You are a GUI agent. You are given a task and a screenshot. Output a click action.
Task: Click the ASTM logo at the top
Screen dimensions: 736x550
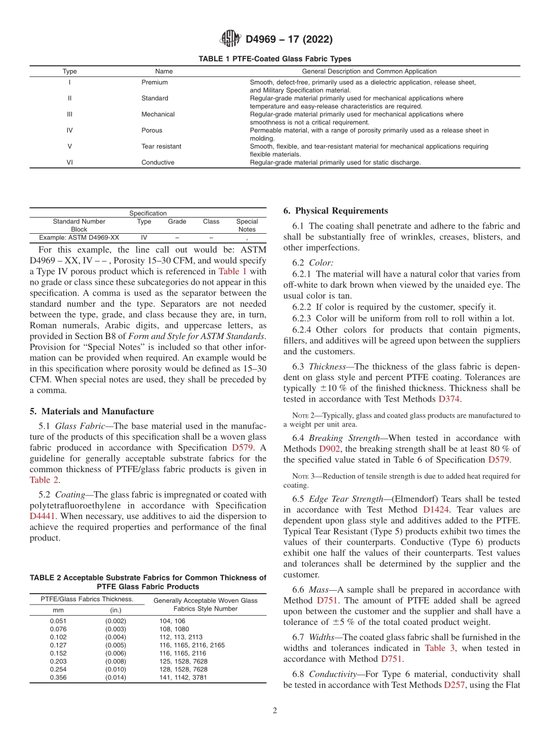coord(230,39)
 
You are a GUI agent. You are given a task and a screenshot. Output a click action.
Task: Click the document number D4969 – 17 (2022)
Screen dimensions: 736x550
coord(289,40)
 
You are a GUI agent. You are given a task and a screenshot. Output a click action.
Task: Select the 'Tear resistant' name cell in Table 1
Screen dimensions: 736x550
coord(161,146)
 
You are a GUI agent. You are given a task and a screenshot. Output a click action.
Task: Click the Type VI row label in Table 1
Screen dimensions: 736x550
coord(69,163)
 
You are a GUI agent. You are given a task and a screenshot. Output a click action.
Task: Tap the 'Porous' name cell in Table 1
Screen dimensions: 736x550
coord(152,130)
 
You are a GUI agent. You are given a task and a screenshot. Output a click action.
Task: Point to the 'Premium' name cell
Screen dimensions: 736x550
coord(155,82)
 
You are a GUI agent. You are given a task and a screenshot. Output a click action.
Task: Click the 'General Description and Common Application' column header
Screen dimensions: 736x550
coord(369,71)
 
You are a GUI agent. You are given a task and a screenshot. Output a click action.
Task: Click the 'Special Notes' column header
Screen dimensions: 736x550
coord(247,225)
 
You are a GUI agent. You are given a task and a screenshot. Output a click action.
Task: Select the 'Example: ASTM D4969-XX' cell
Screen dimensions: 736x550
coord(79,238)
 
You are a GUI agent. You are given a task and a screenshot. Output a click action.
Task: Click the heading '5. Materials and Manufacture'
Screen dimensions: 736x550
coord(91,411)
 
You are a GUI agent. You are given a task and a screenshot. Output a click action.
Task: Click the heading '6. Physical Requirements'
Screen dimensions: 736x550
coord(336,211)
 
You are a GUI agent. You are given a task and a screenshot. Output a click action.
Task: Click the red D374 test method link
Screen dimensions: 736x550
coord(450,399)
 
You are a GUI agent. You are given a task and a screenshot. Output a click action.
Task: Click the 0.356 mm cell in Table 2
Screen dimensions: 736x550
coord(58,678)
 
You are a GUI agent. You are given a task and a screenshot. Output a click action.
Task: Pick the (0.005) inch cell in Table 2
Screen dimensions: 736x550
coord(115,645)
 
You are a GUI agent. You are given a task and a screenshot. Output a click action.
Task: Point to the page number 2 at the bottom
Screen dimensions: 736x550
coord(275,711)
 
